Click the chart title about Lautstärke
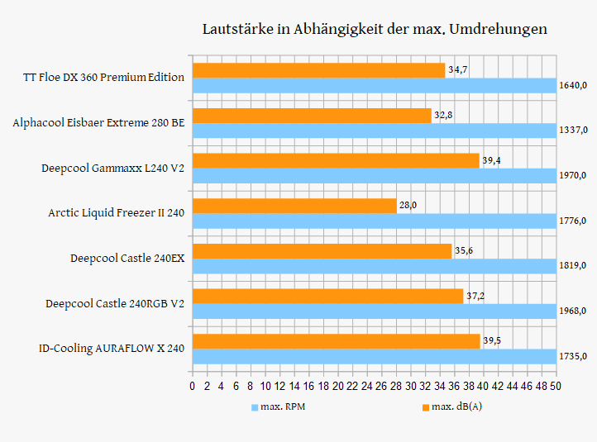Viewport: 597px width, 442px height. click(375, 29)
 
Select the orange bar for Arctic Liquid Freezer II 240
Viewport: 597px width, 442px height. click(294, 206)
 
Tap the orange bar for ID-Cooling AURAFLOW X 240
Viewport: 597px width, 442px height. click(336, 341)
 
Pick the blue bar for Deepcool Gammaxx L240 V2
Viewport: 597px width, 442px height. click(374, 175)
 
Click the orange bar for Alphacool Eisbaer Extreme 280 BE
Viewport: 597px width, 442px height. click(312, 115)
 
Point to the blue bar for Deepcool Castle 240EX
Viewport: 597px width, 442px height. click(374, 266)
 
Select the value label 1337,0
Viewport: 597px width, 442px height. click(573, 131)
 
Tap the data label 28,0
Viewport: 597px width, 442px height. click(408, 206)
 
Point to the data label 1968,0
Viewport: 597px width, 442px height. click(573, 311)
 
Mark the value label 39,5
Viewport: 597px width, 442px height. click(492, 341)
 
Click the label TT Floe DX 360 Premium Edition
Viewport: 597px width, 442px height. click(104, 78)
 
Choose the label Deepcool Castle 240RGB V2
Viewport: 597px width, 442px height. click(115, 304)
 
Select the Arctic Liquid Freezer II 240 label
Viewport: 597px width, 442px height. click(116, 213)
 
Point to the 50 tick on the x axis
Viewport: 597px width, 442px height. click(556, 386)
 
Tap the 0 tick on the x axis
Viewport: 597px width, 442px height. click(192, 386)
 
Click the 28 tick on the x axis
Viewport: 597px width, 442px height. click(396, 386)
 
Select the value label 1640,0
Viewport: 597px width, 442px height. click(573, 85)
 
